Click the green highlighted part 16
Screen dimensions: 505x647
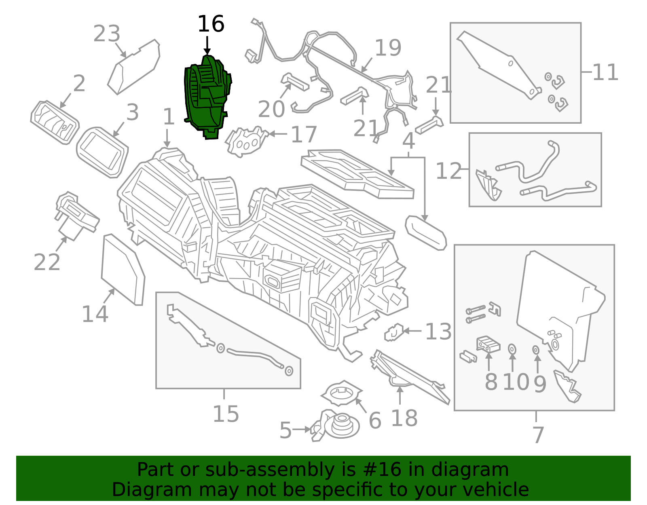pos(207,97)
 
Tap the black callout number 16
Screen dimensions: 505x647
pos(211,24)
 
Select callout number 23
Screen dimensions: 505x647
pos(107,34)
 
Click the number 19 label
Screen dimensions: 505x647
pos(388,48)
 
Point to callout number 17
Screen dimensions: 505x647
pos(304,135)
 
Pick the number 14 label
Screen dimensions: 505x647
pos(95,314)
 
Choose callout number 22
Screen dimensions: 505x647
pos(47,262)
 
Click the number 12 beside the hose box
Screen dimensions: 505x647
pos(448,171)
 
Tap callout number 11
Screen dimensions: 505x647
pos(605,73)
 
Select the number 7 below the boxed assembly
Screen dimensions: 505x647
pos(538,435)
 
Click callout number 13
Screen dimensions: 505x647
pos(438,332)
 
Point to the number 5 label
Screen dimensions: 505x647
pos(285,430)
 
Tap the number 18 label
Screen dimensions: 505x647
pos(404,418)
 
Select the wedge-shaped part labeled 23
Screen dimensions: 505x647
pos(134,67)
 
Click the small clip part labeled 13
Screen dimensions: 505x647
pos(393,333)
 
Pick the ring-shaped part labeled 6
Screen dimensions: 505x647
pos(341,393)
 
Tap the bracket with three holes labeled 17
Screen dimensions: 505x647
pos(246,142)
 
